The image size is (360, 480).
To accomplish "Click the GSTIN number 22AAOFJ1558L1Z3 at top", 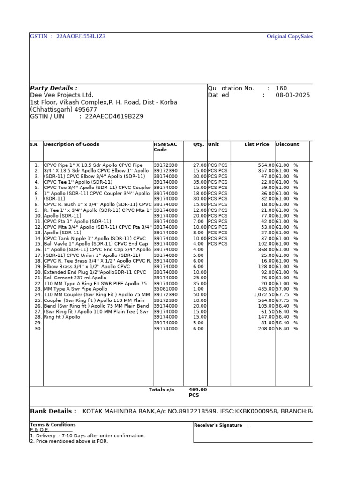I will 81,37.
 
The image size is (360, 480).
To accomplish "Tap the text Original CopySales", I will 290,37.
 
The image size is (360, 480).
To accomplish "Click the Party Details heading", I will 53,88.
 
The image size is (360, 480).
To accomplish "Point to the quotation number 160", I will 281,88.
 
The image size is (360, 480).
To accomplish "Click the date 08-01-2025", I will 292,95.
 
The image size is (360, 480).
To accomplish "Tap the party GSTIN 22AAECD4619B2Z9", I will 114,116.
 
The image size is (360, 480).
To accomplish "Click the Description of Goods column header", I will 71,144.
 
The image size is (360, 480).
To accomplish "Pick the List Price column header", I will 257,144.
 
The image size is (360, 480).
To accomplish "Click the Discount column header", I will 287,144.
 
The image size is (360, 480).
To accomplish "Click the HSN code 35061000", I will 165,289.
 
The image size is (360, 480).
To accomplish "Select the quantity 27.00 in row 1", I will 200,165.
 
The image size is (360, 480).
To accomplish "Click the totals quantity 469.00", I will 197,390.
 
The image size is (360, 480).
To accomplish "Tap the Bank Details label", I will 53,411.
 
